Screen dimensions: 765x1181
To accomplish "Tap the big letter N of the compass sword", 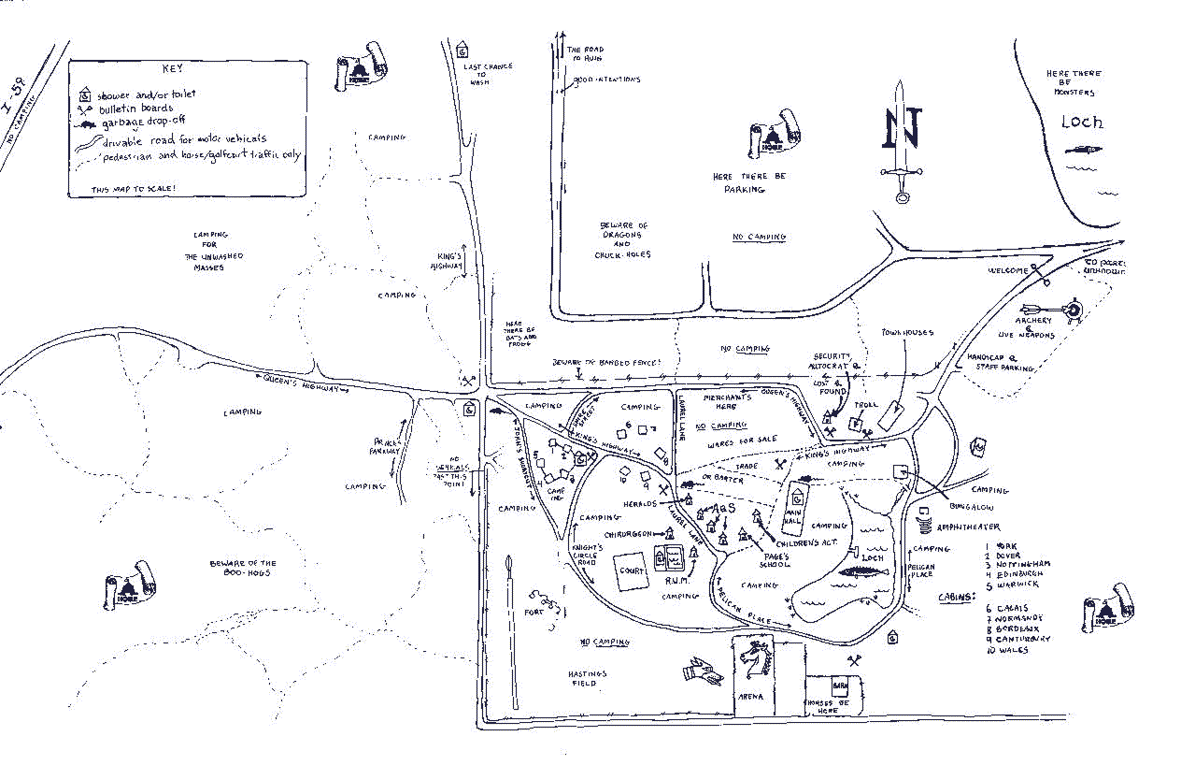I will click(x=903, y=128).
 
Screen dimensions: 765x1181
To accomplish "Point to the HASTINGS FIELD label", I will click(x=588, y=678).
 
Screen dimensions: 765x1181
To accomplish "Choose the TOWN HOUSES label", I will click(x=907, y=333).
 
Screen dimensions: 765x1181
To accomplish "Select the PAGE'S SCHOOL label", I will click(x=774, y=561).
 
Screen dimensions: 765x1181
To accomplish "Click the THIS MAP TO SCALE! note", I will click(x=135, y=189).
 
